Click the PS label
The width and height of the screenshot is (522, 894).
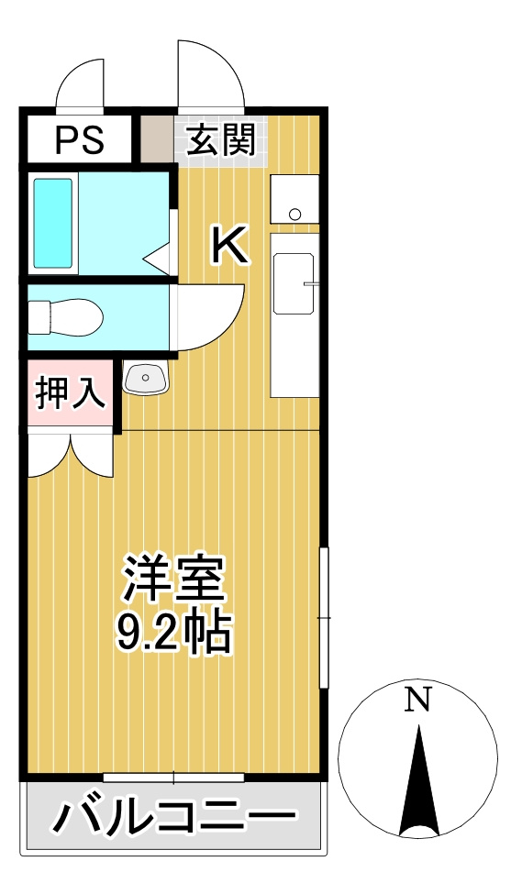80,140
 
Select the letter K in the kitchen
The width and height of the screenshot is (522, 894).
229,245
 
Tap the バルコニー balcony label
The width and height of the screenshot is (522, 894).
173,816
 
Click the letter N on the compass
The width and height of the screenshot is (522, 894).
418,701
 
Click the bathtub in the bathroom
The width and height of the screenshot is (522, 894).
53,223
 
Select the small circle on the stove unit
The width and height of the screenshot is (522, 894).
294,215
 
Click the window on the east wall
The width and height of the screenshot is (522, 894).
323,618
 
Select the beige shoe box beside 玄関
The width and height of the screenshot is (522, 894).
157,138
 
